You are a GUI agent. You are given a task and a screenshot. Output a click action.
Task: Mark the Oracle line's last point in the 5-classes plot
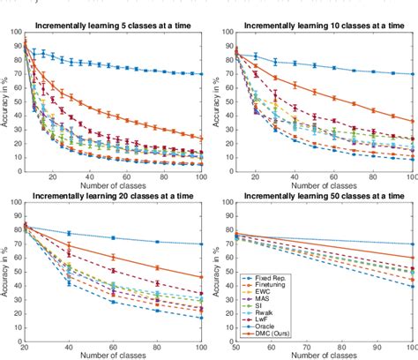point(201,74)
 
